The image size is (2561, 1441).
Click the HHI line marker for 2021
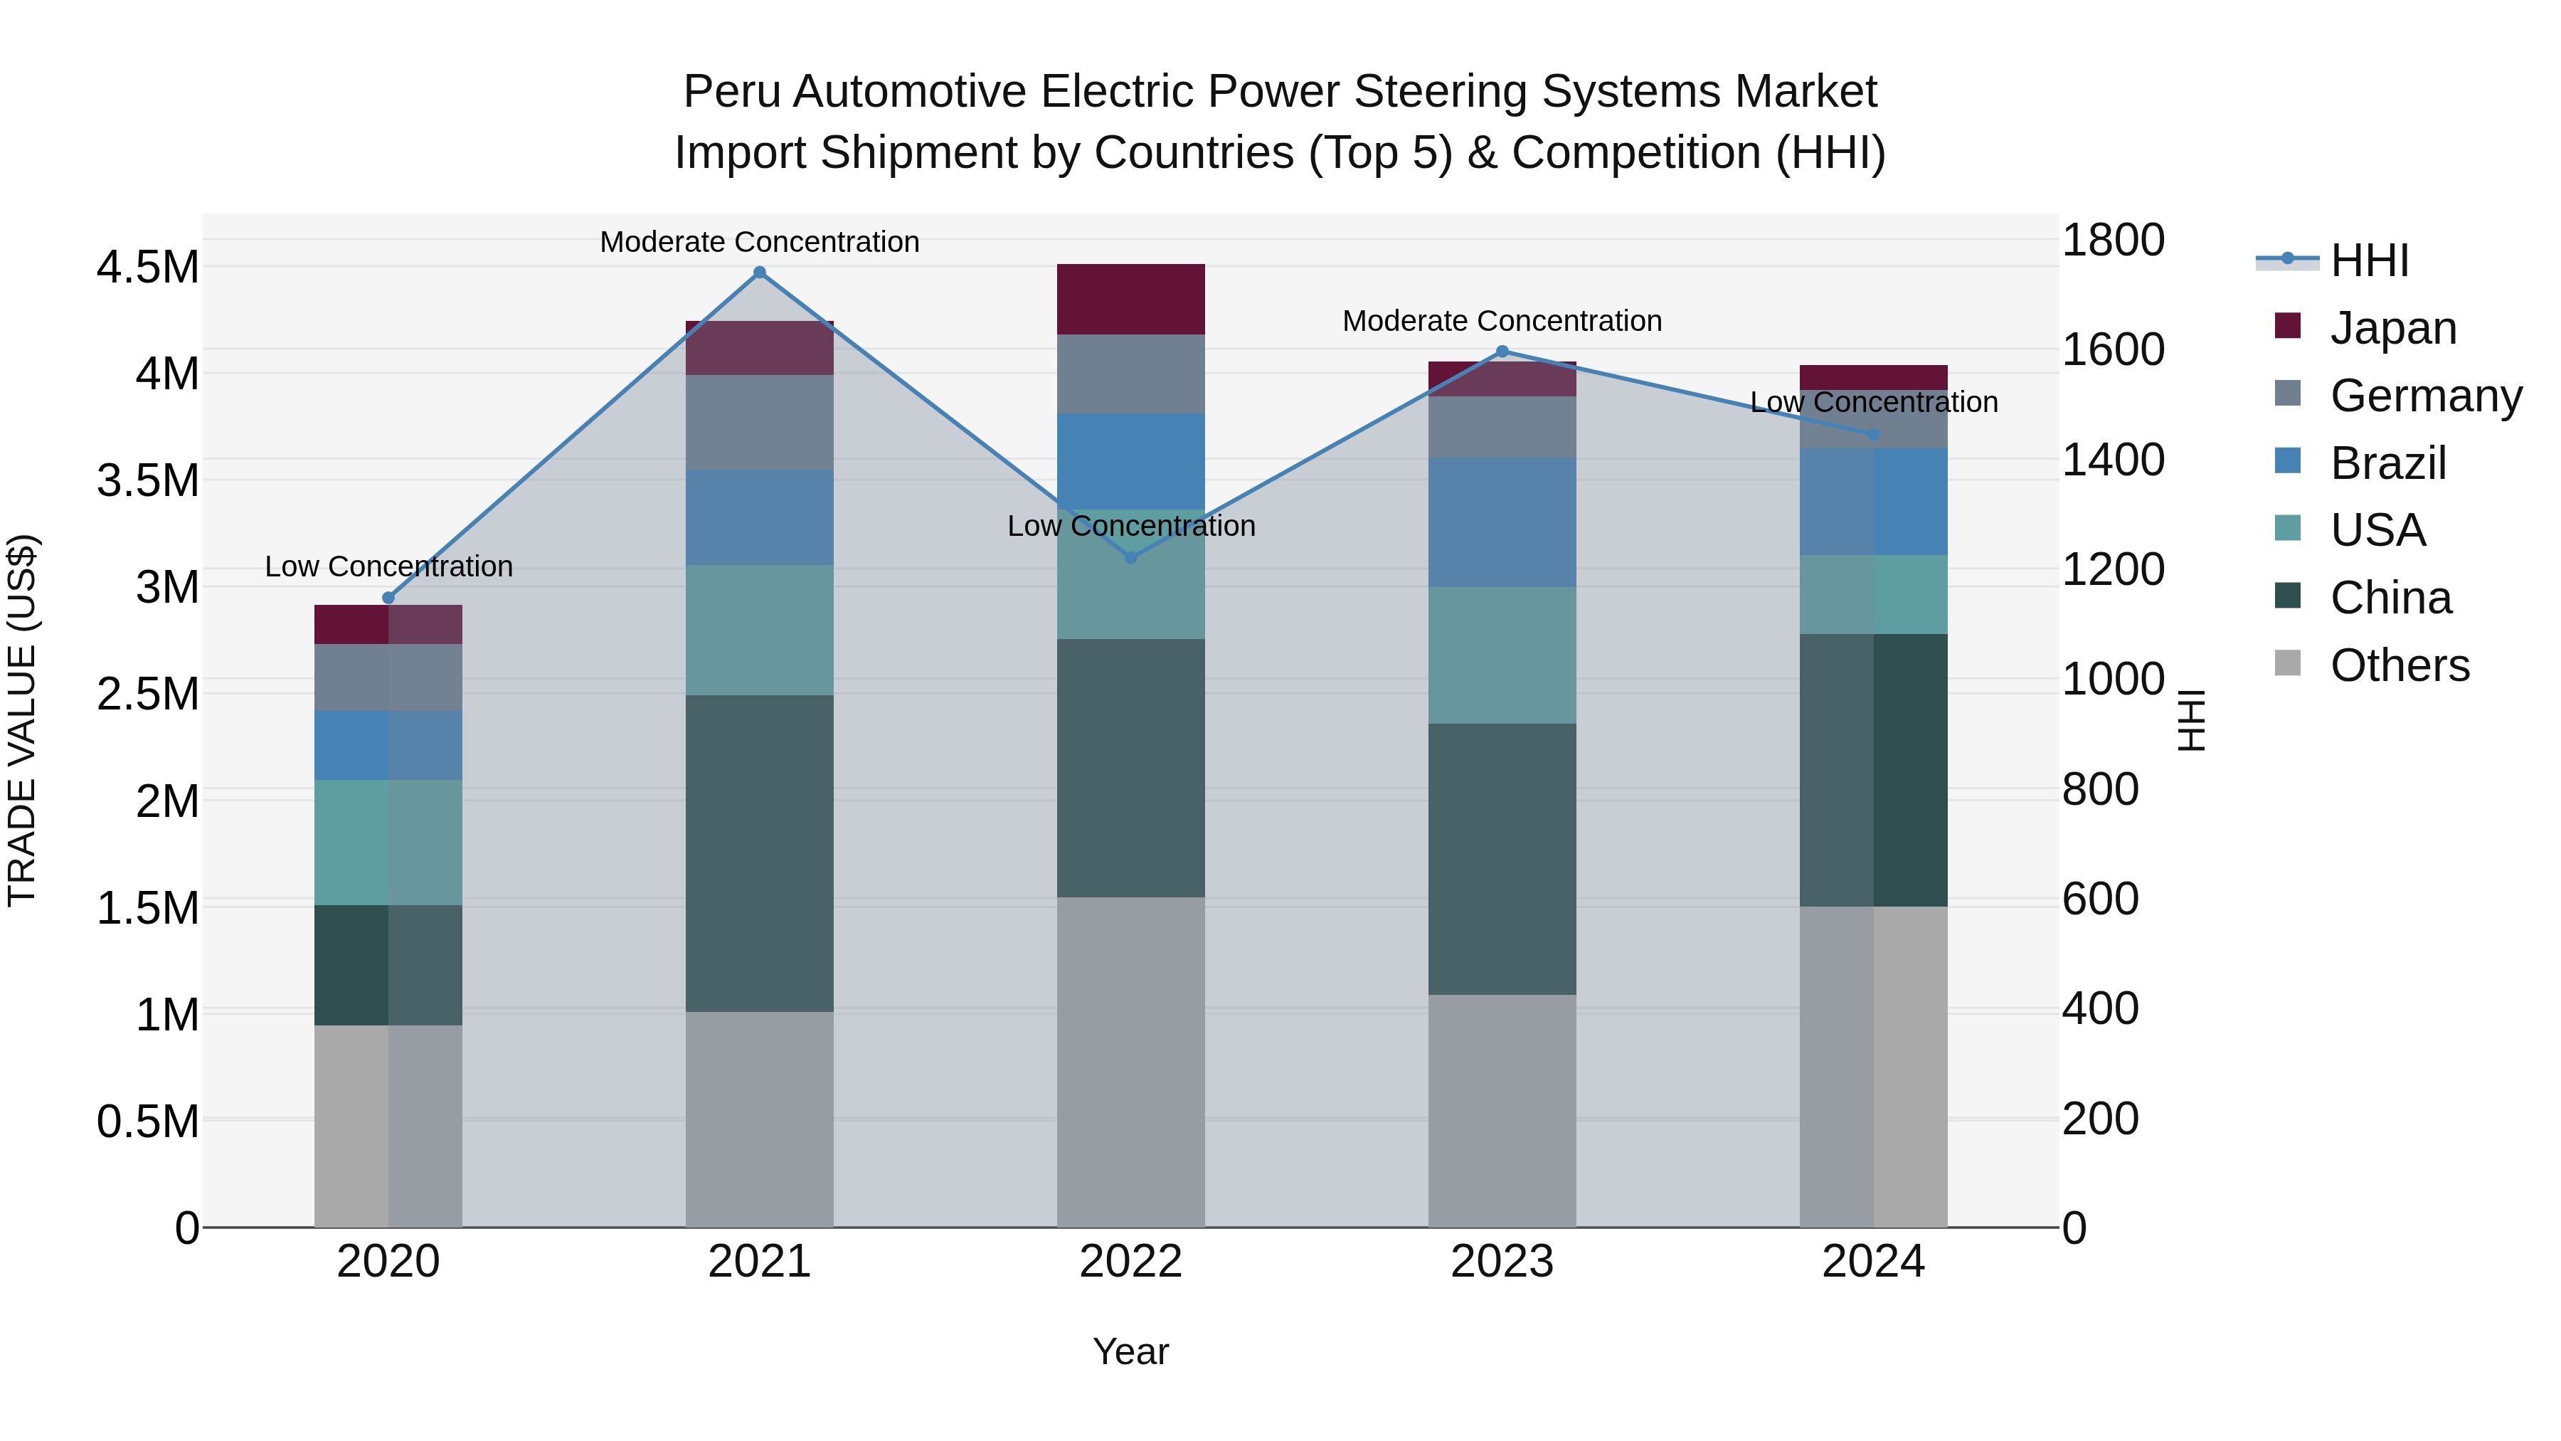coord(760,273)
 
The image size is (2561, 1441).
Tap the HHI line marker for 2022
coord(1130,558)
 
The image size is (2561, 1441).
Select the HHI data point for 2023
coord(1502,351)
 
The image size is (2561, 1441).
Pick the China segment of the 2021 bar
coord(760,853)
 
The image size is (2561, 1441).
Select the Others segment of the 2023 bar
coord(1502,1111)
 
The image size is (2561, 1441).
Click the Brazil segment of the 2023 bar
coord(1502,522)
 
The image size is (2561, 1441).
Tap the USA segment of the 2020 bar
coord(388,843)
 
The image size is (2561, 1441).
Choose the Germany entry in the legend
coord(2425,396)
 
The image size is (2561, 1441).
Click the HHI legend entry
coord(2368,260)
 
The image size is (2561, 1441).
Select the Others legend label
coord(2399,665)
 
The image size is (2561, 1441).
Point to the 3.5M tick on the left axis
coord(147,480)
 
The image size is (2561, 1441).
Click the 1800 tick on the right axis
coord(2113,240)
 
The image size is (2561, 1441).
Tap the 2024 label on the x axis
coord(1873,1262)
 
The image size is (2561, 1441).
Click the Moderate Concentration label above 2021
coord(760,242)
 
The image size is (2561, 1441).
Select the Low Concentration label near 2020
coord(388,567)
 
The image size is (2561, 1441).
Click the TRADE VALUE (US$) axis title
coord(22,720)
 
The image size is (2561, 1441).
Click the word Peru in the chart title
coord(732,92)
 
